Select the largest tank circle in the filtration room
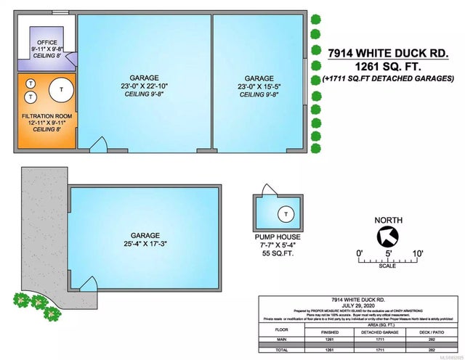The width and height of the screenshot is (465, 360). pos(61,89)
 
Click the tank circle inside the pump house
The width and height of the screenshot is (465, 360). pos(286,213)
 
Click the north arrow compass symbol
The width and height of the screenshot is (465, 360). pos(387,235)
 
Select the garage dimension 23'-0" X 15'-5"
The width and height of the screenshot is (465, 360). pos(259,86)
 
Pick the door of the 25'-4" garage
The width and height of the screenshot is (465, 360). pos(88,285)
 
